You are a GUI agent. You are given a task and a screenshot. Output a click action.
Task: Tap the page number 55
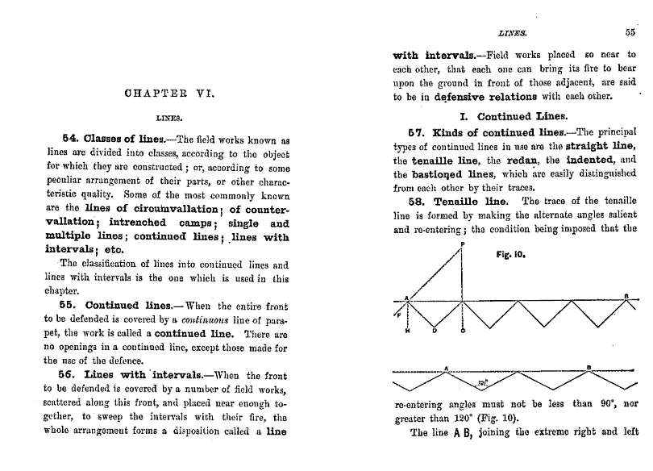tap(630, 33)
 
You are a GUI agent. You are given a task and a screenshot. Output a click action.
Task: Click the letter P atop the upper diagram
tap(462, 243)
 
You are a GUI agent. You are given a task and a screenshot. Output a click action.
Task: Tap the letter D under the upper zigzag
tap(435, 331)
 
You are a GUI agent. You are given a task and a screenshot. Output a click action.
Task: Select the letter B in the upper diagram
tap(626, 296)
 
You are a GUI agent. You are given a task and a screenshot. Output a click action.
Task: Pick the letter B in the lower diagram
tap(589, 368)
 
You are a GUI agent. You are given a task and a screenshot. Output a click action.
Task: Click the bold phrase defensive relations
tap(477, 98)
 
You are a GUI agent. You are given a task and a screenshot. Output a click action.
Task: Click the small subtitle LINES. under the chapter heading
tap(169, 117)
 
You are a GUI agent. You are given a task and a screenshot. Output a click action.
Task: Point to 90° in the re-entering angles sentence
tap(608, 404)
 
